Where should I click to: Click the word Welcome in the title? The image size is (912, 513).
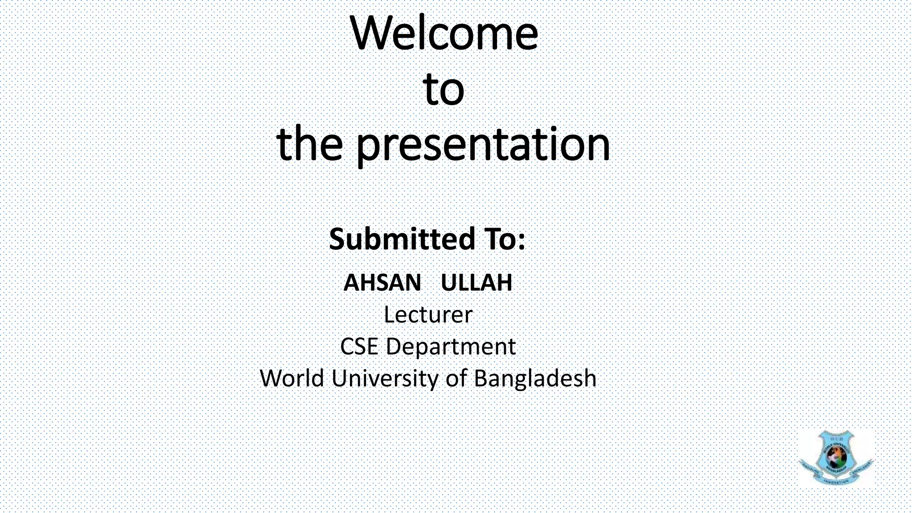click(x=444, y=34)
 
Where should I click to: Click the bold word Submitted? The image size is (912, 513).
click(x=402, y=239)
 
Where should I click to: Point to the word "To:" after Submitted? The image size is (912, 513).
click(x=504, y=239)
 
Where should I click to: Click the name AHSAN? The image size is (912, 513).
click(x=382, y=282)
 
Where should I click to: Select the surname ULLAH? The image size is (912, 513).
click(x=476, y=282)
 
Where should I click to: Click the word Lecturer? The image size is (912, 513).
click(x=427, y=315)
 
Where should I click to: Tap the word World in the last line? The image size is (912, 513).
click(x=292, y=379)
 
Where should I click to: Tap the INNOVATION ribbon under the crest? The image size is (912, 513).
click(x=836, y=480)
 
